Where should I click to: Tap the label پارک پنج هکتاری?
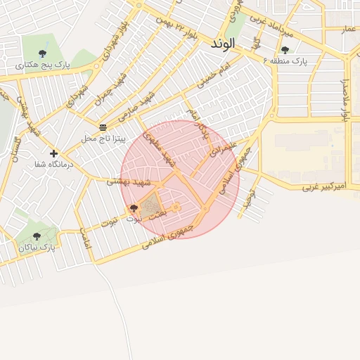click(43, 65)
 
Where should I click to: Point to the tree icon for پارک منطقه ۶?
click(285, 50)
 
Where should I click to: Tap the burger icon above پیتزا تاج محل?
click(103, 127)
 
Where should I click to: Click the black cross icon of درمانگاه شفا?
click(53, 153)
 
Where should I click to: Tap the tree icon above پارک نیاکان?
click(37, 236)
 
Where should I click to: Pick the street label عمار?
click(347, 29)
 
